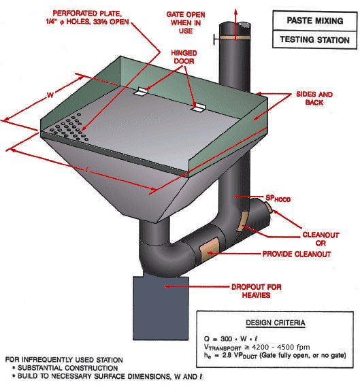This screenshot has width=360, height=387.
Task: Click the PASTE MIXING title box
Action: tap(314, 21)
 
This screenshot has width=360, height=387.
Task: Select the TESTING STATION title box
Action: tap(314, 40)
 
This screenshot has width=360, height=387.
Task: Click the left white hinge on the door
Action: tap(143, 91)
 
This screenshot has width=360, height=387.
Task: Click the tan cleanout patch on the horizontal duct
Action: tap(207, 248)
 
